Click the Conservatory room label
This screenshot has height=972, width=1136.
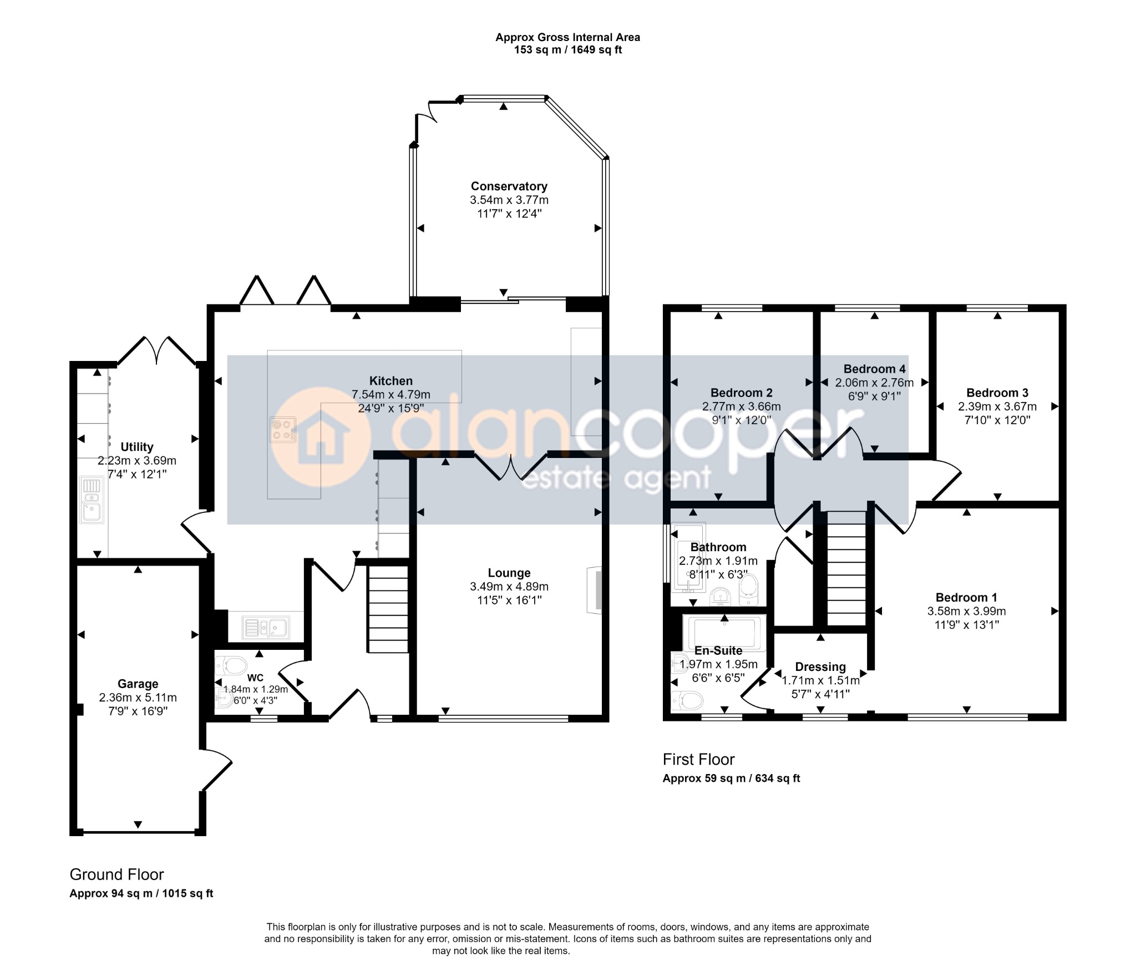point(509,186)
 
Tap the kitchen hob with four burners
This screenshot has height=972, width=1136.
point(283,430)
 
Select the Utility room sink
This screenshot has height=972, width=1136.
point(92,500)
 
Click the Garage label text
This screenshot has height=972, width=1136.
point(138,684)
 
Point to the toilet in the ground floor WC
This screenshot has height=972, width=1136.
point(231,664)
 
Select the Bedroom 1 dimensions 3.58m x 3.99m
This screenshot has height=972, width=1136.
point(966,611)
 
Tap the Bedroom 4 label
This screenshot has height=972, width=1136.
point(874,369)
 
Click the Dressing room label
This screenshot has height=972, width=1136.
point(820,666)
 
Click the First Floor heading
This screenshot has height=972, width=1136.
point(698,759)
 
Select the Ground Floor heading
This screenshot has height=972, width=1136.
point(116,874)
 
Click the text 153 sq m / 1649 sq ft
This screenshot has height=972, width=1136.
point(568,50)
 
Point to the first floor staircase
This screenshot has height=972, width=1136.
point(846,568)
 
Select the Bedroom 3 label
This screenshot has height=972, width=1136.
point(997,393)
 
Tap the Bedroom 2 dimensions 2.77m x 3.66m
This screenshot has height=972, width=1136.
point(741,406)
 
